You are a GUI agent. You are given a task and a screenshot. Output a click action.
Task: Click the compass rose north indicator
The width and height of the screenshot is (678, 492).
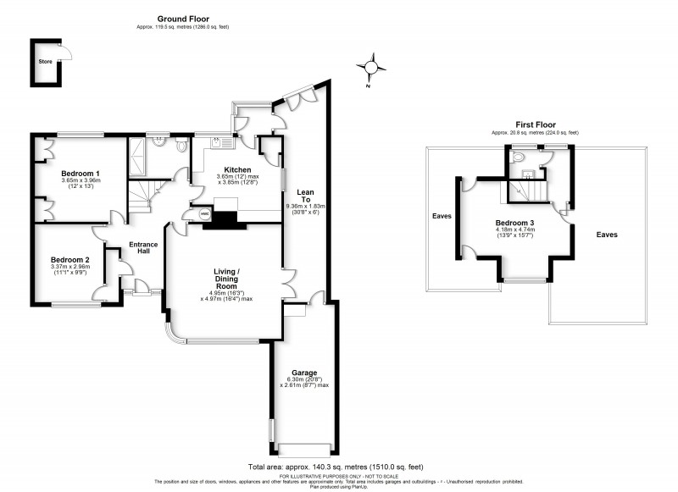pos(370,67)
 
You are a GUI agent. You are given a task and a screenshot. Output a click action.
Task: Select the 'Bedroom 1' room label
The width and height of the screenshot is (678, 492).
pos(81,173)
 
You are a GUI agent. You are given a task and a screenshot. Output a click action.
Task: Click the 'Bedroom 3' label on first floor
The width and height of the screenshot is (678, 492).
pos(516,223)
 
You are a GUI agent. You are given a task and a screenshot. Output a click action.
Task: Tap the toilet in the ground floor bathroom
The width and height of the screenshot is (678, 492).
pos(180,146)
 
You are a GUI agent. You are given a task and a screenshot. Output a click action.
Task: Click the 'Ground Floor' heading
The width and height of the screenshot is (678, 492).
pos(183,19)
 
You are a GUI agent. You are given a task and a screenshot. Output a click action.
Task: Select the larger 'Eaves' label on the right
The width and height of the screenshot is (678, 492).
pos(607,235)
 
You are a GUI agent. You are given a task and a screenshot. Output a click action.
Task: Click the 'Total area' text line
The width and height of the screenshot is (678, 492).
pos(336,467)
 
